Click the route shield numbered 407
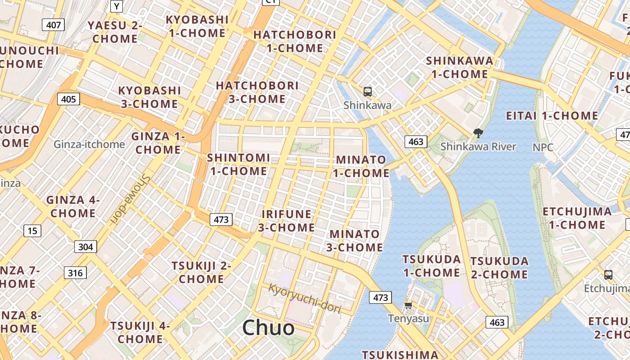point(54,25)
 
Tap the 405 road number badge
point(68,99)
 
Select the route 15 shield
point(32,231)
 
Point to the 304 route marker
point(85,247)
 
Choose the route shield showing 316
point(75,273)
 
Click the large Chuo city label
point(268,328)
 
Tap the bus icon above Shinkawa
point(368,92)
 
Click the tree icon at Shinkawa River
point(478,133)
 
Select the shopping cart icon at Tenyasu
point(408,306)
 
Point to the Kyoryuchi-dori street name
point(305,298)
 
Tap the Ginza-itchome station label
point(89,144)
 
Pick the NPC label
point(543,147)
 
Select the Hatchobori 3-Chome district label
point(257,92)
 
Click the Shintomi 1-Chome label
point(238,164)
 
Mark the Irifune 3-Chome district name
point(287,220)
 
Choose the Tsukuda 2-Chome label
point(499,268)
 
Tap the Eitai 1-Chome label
point(552,116)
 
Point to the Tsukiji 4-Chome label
point(140,332)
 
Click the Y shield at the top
point(117,6)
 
